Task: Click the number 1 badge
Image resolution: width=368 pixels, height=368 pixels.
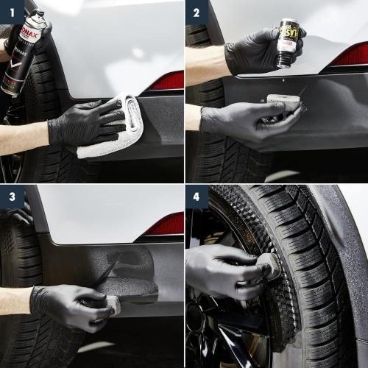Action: point(11,12)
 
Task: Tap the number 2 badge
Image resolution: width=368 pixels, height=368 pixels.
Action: point(195,12)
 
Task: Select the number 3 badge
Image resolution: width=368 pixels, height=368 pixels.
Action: point(11,197)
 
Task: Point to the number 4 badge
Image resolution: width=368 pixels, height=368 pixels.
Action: point(195,197)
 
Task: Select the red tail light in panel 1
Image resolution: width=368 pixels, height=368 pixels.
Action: point(165,82)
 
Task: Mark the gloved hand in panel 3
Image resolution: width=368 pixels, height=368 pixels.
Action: point(70,305)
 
